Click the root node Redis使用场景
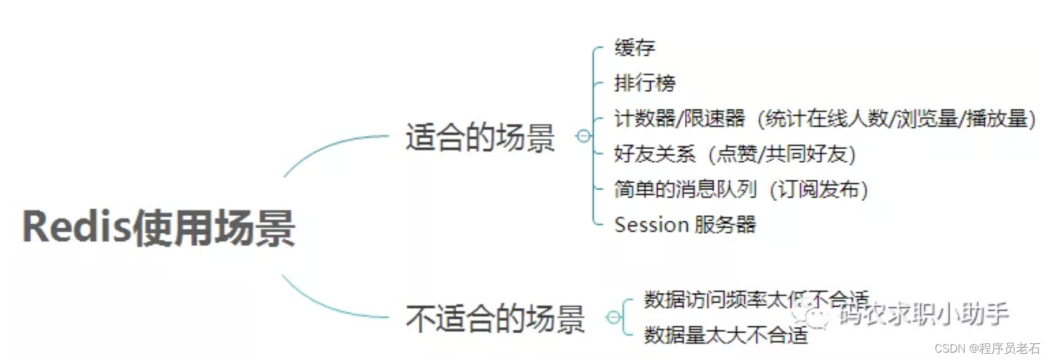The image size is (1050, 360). coord(159,227)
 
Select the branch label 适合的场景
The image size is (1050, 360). coord(480,137)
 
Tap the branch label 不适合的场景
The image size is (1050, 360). coord(494,319)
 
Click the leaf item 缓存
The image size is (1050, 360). coord(635,48)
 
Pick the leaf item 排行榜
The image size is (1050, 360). coord(644,83)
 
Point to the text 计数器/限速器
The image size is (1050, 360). coord(679,118)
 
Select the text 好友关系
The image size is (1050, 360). coord(654,154)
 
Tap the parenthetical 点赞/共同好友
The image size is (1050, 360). coord(781,154)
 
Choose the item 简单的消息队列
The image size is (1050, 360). coord(685,189)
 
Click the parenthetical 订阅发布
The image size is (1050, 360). coord(819,189)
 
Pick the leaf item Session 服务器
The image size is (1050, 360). coord(685,224)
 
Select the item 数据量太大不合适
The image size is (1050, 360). coord(726,335)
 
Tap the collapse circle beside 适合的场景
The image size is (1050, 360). coord(583,136)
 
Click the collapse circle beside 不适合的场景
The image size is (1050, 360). coord(613,317)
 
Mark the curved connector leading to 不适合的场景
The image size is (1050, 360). coord(327,306)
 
